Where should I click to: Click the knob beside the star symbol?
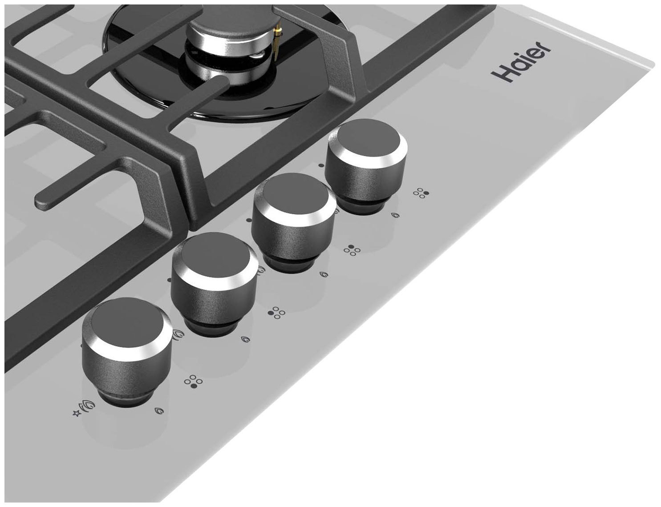pyautogui.click(x=127, y=353)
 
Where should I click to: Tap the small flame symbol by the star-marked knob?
pyautogui.click(x=159, y=411)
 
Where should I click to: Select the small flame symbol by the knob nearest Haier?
pyautogui.click(x=395, y=215)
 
